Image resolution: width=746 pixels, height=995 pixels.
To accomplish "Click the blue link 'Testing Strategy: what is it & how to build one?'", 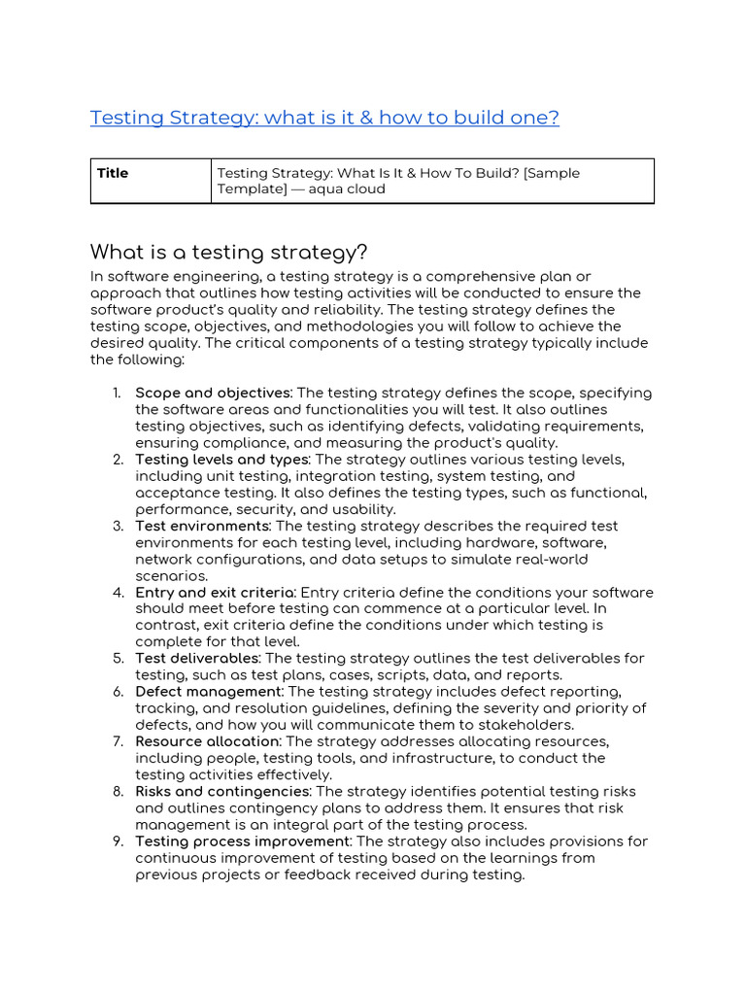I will pos(324,118).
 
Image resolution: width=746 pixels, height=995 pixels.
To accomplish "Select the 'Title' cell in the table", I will pos(113,173).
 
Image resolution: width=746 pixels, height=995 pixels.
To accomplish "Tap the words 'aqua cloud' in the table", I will pos(347,189).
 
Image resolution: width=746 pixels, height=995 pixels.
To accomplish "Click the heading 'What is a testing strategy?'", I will pos(228,253).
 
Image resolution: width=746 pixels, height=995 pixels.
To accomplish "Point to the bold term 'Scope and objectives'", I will pos(213,393).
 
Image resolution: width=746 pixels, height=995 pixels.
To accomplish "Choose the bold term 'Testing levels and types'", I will pos(221,460).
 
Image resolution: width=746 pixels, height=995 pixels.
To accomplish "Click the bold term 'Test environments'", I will pos(201,526).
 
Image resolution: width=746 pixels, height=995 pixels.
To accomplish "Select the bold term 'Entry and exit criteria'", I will pos(214,593).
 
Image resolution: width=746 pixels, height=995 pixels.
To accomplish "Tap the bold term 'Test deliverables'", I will pos(198,659).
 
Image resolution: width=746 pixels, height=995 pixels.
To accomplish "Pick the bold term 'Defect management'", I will pos(208,692).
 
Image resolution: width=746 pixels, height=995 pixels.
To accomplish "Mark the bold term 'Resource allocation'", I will pos(207,741).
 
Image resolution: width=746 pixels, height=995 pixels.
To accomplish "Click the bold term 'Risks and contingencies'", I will pos(222,792).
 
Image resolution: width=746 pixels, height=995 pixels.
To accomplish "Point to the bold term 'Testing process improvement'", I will pos(242,841).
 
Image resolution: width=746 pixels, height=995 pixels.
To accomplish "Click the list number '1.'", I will pos(117,393).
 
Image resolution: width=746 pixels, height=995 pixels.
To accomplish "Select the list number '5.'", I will pos(117,659).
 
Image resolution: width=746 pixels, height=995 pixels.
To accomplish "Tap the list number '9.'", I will pos(117,841).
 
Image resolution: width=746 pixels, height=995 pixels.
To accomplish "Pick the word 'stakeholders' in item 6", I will pos(530,725).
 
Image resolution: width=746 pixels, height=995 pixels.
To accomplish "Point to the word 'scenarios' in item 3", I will pos(169,576).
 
